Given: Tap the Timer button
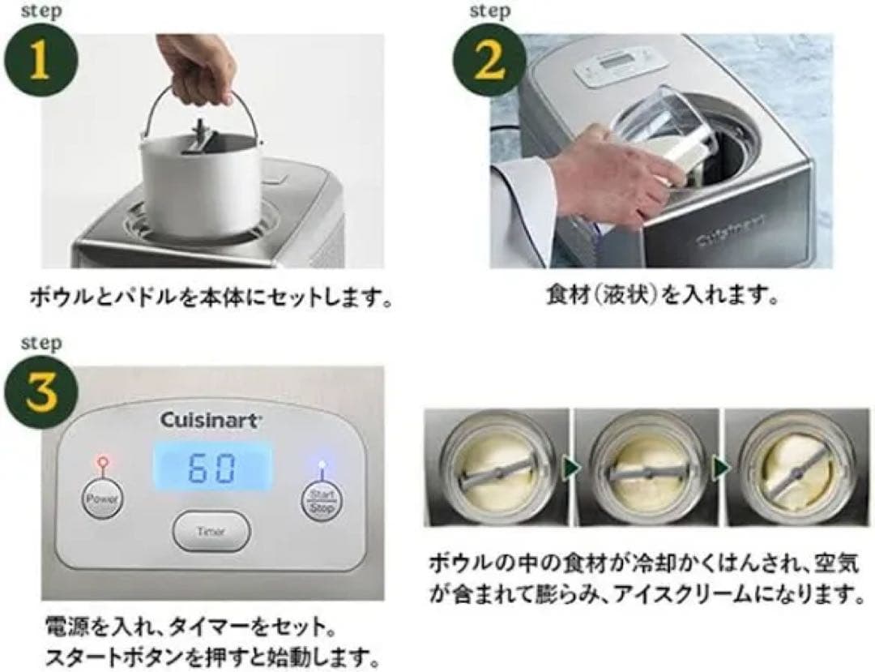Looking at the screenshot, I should coord(211,532).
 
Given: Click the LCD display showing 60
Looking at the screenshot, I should coord(213,468).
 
